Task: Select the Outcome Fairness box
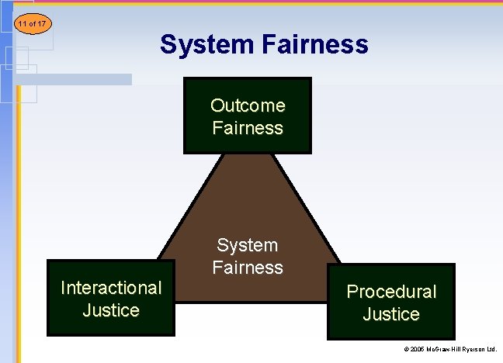coord(248,116)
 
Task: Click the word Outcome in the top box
coord(248,105)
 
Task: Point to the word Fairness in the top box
coord(248,128)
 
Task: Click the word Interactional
coord(111,288)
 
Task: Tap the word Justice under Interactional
coord(111,310)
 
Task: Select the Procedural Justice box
coord(391,302)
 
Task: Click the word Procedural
coord(391,292)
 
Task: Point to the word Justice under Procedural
coord(391,314)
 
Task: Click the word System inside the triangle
coord(248,245)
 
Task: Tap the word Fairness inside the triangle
coord(248,268)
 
